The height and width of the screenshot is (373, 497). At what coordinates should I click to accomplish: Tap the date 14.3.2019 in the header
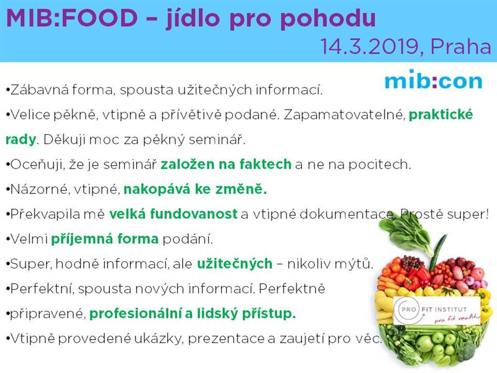click(370, 46)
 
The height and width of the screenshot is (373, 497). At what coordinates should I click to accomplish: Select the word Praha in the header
click(461, 46)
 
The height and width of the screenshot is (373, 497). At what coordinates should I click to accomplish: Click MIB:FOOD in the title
click(72, 18)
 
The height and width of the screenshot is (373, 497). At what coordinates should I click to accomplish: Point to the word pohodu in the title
click(328, 19)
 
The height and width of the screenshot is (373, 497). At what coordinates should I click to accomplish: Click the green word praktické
click(440, 115)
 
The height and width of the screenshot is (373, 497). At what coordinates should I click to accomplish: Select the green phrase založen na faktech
click(226, 164)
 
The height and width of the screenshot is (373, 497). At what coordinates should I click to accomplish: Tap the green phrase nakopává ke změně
click(195, 189)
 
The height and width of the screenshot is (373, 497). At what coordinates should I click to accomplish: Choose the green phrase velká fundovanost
click(173, 214)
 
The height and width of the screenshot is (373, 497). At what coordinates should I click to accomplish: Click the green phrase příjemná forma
click(104, 239)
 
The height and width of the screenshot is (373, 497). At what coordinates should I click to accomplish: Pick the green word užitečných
click(235, 264)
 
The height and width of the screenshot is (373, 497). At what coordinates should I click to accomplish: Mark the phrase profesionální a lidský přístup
click(193, 314)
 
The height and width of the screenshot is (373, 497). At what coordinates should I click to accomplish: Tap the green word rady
click(21, 139)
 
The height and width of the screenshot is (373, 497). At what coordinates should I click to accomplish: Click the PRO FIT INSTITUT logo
click(437, 311)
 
